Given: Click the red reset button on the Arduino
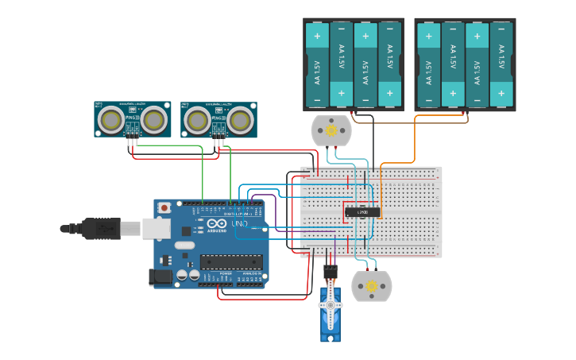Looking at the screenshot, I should (x=164, y=207).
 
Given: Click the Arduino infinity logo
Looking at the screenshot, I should (x=215, y=224).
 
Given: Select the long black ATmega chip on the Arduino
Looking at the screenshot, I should (x=231, y=261).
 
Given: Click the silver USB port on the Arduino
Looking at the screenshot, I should (x=156, y=229).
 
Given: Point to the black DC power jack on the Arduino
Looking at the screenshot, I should (x=160, y=277).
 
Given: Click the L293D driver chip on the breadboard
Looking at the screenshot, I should (x=361, y=212).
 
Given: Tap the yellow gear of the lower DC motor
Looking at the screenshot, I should (x=371, y=286).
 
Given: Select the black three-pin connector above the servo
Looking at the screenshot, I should (x=331, y=271).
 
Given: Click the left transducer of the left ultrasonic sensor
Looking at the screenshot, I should (x=111, y=120).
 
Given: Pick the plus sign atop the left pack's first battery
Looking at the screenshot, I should (x=317, y=36).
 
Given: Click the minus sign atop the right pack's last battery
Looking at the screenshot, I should (x=501, y=36).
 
